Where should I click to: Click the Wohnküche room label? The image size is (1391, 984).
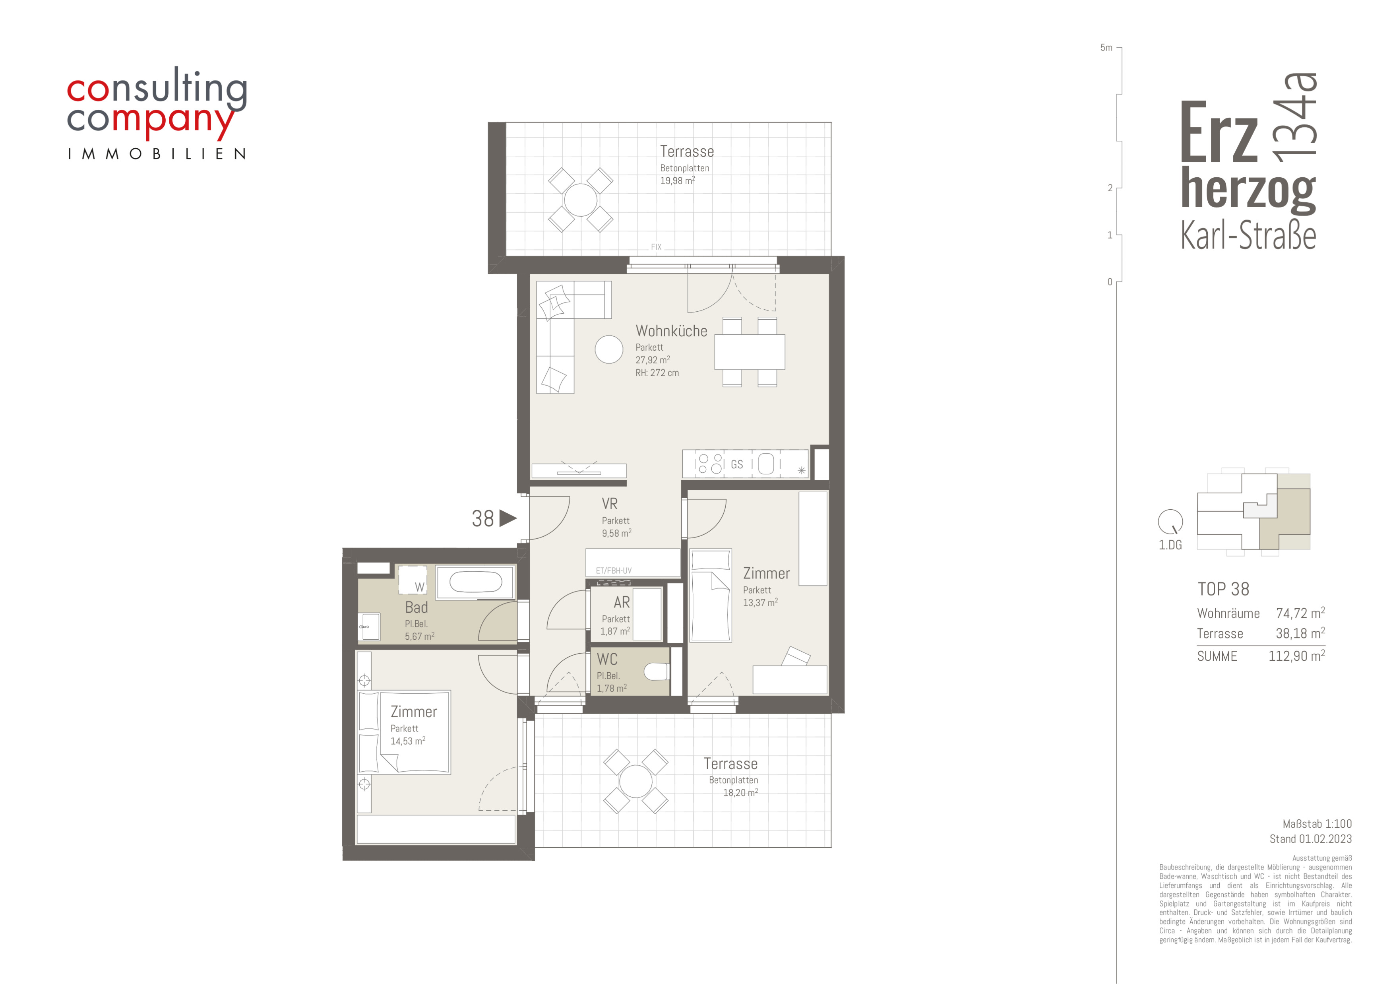[671, 331]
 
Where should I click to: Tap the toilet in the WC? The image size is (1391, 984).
[656, 672]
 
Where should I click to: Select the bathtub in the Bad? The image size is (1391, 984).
[476, 582]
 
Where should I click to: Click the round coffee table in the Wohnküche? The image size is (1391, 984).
[609, 349]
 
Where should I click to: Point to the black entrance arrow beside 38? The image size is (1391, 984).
[508, 518]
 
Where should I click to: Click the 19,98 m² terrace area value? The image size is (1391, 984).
[677, 180]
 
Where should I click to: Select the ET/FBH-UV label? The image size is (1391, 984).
[614, 571]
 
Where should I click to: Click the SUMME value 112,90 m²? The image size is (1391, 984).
[1296, 656]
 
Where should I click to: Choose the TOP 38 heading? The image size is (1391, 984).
[1223, 589]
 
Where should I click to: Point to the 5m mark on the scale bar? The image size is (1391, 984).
[1106, 48]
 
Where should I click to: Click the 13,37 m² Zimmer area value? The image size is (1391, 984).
[760, 603]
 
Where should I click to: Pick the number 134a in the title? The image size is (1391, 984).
[1296, 117]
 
